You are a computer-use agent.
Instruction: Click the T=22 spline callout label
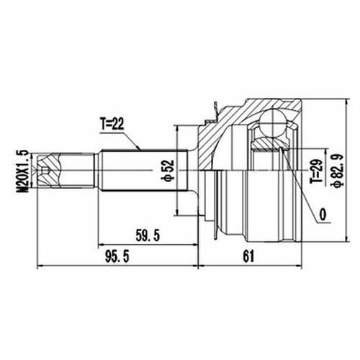pos(112,125)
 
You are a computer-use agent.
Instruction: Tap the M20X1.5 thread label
pos(22,171)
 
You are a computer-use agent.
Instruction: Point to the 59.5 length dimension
pos(148,235)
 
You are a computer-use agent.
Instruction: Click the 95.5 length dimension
pos(117,256)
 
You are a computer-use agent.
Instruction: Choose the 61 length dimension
pos(248,256)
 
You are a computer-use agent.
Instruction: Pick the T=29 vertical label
pos(317,171)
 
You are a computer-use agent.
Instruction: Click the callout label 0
pos(323,215)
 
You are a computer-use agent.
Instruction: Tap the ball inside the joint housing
pos(272,123)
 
